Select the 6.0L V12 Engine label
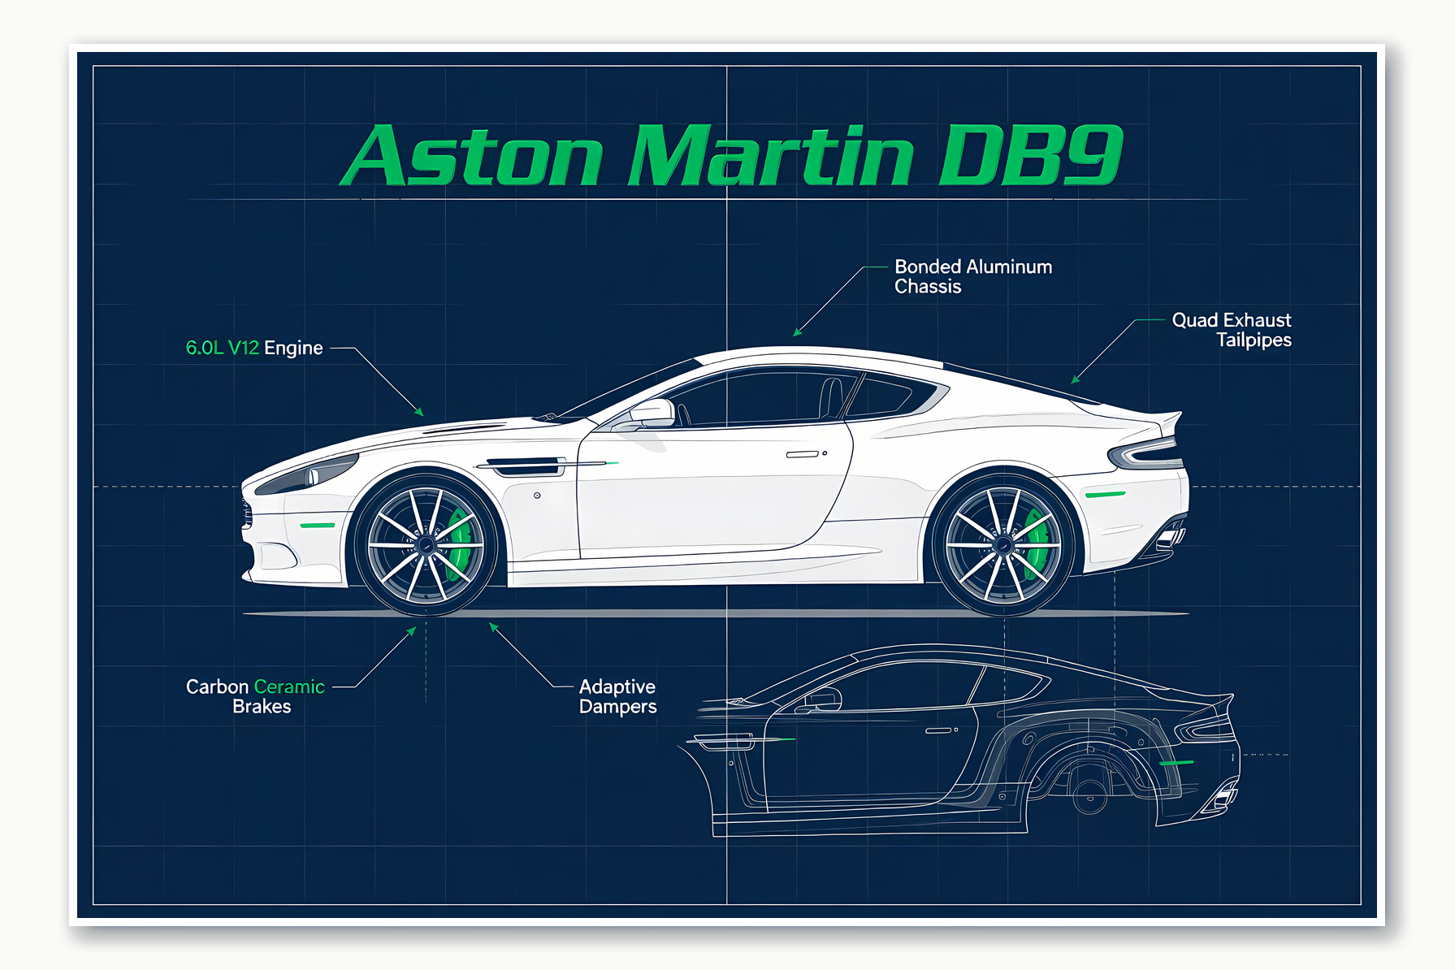[x=254, y=348]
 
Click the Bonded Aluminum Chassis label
[x=972, y=276]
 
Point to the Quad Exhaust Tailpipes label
[x=1232, y=330]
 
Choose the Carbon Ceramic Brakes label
[x=256, y=696]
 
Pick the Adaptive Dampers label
[x=617, y=696]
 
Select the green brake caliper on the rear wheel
[x=1037, y=541]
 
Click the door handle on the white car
[x=803, y=454]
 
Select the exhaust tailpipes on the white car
[x=1170, y=538]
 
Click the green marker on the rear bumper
[x=1106, y=494]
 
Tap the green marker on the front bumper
[x=317, y=526]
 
